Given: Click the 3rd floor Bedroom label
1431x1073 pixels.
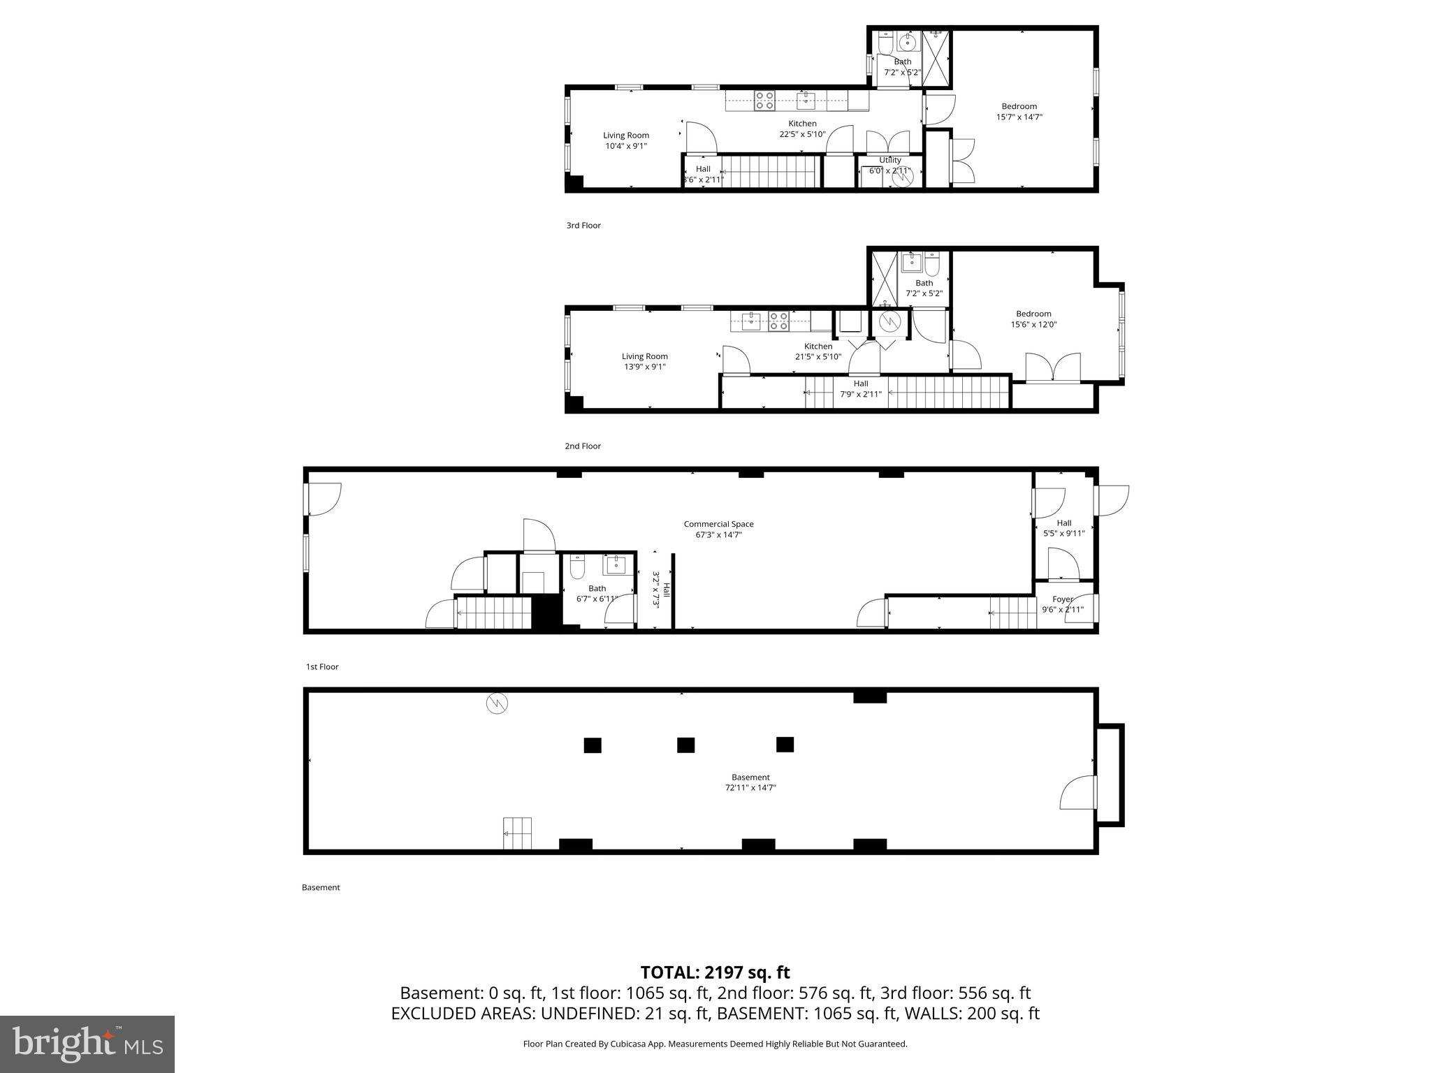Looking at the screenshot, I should click(x=1019, y=107).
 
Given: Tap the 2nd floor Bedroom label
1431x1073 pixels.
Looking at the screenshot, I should click(x=1033, y=314).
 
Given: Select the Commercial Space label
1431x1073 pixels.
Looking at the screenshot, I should click(x=718, y=524).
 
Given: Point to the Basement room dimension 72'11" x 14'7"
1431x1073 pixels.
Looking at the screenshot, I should click(x=750, y=788).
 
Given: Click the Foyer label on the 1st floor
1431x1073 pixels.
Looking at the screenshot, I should click(x=1062, y=599).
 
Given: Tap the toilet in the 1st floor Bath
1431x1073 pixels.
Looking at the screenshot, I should click(x=577, y=569).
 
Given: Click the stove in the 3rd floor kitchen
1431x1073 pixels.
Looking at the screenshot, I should click(x=764, y=101).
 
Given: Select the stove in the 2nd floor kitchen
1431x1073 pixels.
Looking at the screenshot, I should click(x=778, y=321).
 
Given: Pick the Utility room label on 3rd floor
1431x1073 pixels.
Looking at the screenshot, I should click(x=890, y=161).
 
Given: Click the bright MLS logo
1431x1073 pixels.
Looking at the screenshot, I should click(x=87, y=1044).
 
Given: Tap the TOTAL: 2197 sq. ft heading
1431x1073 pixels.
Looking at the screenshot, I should click(x=715, y=972).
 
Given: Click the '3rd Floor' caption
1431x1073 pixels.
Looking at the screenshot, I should click(x=583, y=226).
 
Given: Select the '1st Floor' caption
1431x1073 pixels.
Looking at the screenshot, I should click(x=322, y=667).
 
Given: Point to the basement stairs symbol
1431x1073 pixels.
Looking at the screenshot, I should click(x=517, y=833).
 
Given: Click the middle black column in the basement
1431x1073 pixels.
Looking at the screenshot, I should click(x=685, y=745).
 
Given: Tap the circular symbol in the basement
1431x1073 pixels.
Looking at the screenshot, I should click(x=497, y=703).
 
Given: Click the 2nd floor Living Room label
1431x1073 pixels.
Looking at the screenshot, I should click(x=644, y=357).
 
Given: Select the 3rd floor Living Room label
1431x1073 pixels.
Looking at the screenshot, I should click(x=626, y=136).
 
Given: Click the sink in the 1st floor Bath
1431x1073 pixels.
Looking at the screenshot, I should click(x=617, y=564).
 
